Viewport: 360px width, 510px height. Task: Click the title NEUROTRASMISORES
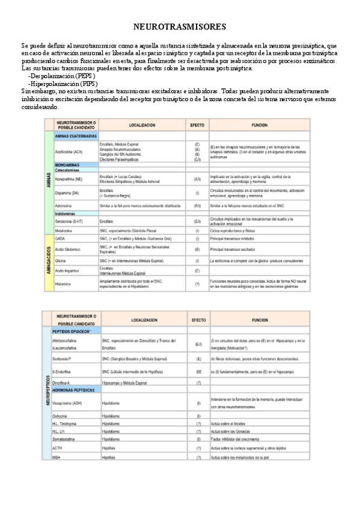[x=179, y=27]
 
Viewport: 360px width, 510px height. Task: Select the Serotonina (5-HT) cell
[x=68, y=221]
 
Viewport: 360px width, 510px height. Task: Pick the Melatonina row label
[x=64, y=230]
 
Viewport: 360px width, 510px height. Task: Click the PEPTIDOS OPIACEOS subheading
[x=71, y=331]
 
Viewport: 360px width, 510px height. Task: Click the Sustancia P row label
[x=62, y=359]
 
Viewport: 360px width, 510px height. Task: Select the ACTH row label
[x=58, y=448]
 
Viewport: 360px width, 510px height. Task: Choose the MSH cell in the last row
[x=56, y=457]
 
